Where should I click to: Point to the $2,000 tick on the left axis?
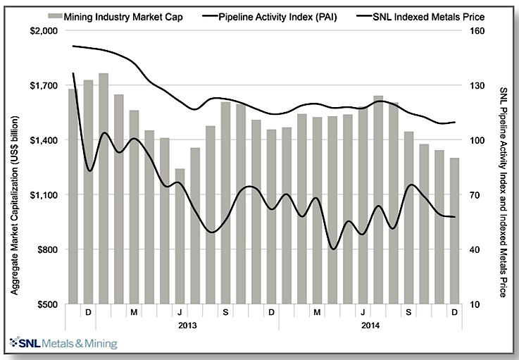[46, 31]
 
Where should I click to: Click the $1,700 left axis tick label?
[46, 86]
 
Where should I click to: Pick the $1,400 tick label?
[46, 140]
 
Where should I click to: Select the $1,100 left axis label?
[46, 195]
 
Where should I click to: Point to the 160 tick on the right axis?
[477, 31]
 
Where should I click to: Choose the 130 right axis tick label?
[477, 86]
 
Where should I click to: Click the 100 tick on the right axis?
[477, 140]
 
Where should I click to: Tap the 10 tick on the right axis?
[475, 304]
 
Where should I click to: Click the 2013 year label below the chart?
[187, 325]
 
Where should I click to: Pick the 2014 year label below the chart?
[371, 325]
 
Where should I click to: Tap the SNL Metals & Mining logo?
[63, 344]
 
